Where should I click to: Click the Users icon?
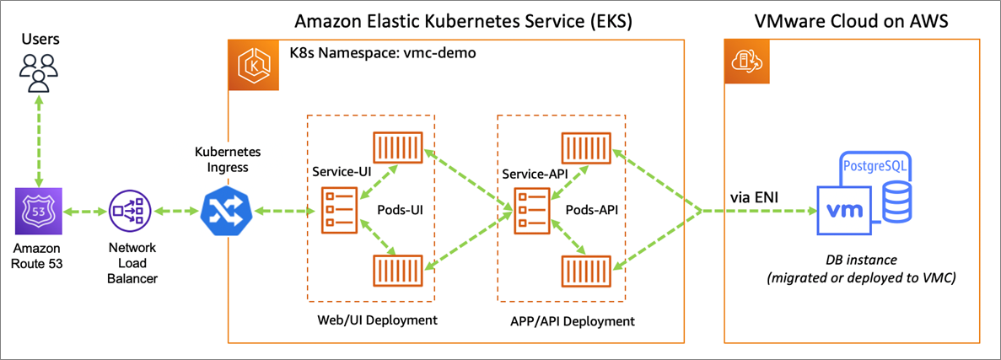pyautogui.click(x=37, y=72)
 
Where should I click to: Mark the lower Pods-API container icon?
pyautogui.click(x=584, y=271)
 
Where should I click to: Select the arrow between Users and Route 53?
pyautogui.click(x=37, y=140)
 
